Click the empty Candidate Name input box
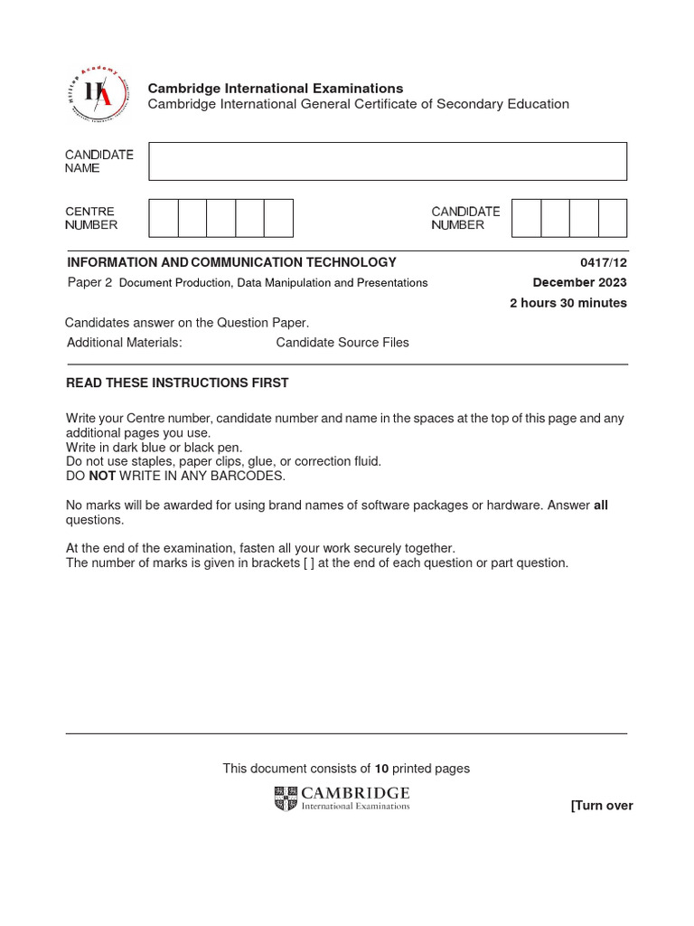click(388, 161)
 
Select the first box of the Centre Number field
click(163, 218)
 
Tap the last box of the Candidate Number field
click(613, 218)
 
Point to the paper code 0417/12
click(609, 262)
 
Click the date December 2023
click(579, 282)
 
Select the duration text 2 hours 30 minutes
click(567, 303)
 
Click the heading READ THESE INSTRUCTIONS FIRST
click(177, 383)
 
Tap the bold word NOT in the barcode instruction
click(101, 476)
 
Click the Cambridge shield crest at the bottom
click(286, 798)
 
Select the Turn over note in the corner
click(601, 806)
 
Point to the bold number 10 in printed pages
click(381, 769)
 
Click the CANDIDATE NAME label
click(98, 161)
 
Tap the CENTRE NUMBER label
click(91, 218)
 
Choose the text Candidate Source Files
click(342, 343)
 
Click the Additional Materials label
click(124, 343)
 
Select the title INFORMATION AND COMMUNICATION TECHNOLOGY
click(231, 262)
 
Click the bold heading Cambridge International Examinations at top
click(275, 88)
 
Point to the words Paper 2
click(89, 282)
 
